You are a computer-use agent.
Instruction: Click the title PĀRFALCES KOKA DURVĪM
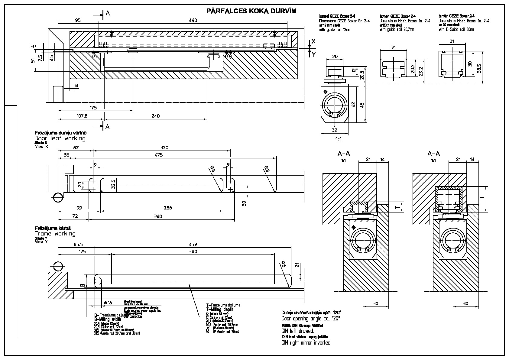[x=251, y=11]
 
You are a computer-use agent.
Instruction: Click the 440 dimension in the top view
[x=193, y=20]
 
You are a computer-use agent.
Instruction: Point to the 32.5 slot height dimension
[x=113, y=184]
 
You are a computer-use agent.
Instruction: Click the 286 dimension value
[x=167, y=208]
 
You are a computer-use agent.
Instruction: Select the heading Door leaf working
[x=60, y=138]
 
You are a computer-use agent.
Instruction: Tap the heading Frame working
[x=55, y=234]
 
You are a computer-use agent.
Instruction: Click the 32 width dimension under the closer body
[x=334, y=130]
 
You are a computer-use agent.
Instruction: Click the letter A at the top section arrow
[x=107, y=13]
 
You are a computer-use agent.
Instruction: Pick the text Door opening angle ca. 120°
[x=311, y=319]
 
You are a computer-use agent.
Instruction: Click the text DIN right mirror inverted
[x=306, y=343]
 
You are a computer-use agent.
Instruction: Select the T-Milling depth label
[x=220, y=310]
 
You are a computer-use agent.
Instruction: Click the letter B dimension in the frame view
[x=81, y=285]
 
